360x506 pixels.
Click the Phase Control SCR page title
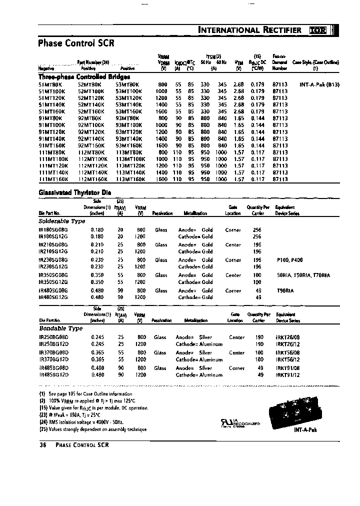coord(76,43)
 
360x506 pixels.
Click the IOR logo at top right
coord(318,30)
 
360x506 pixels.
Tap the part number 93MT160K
coord(130,145)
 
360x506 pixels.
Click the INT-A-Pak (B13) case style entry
coord(319,85)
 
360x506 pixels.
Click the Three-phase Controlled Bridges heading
coord(84,77)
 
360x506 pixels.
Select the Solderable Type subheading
coord(61,220)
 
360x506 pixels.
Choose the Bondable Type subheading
coord(60,328)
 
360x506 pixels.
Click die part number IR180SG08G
coord(52,230)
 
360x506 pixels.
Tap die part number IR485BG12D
coord(52,374)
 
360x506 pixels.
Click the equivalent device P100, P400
coord(289,260)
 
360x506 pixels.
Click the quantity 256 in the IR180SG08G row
coord(257,230)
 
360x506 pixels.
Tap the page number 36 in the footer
coord(42,445)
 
